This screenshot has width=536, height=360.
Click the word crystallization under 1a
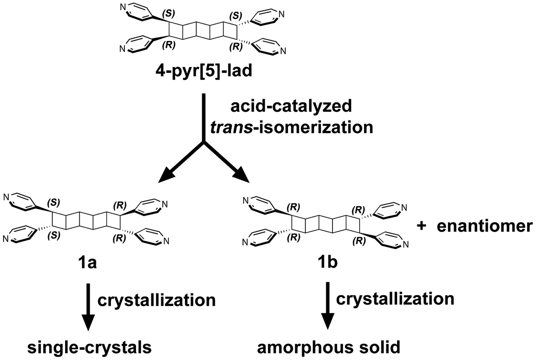(156, 300)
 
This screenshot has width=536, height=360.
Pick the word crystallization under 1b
(395, 299)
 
